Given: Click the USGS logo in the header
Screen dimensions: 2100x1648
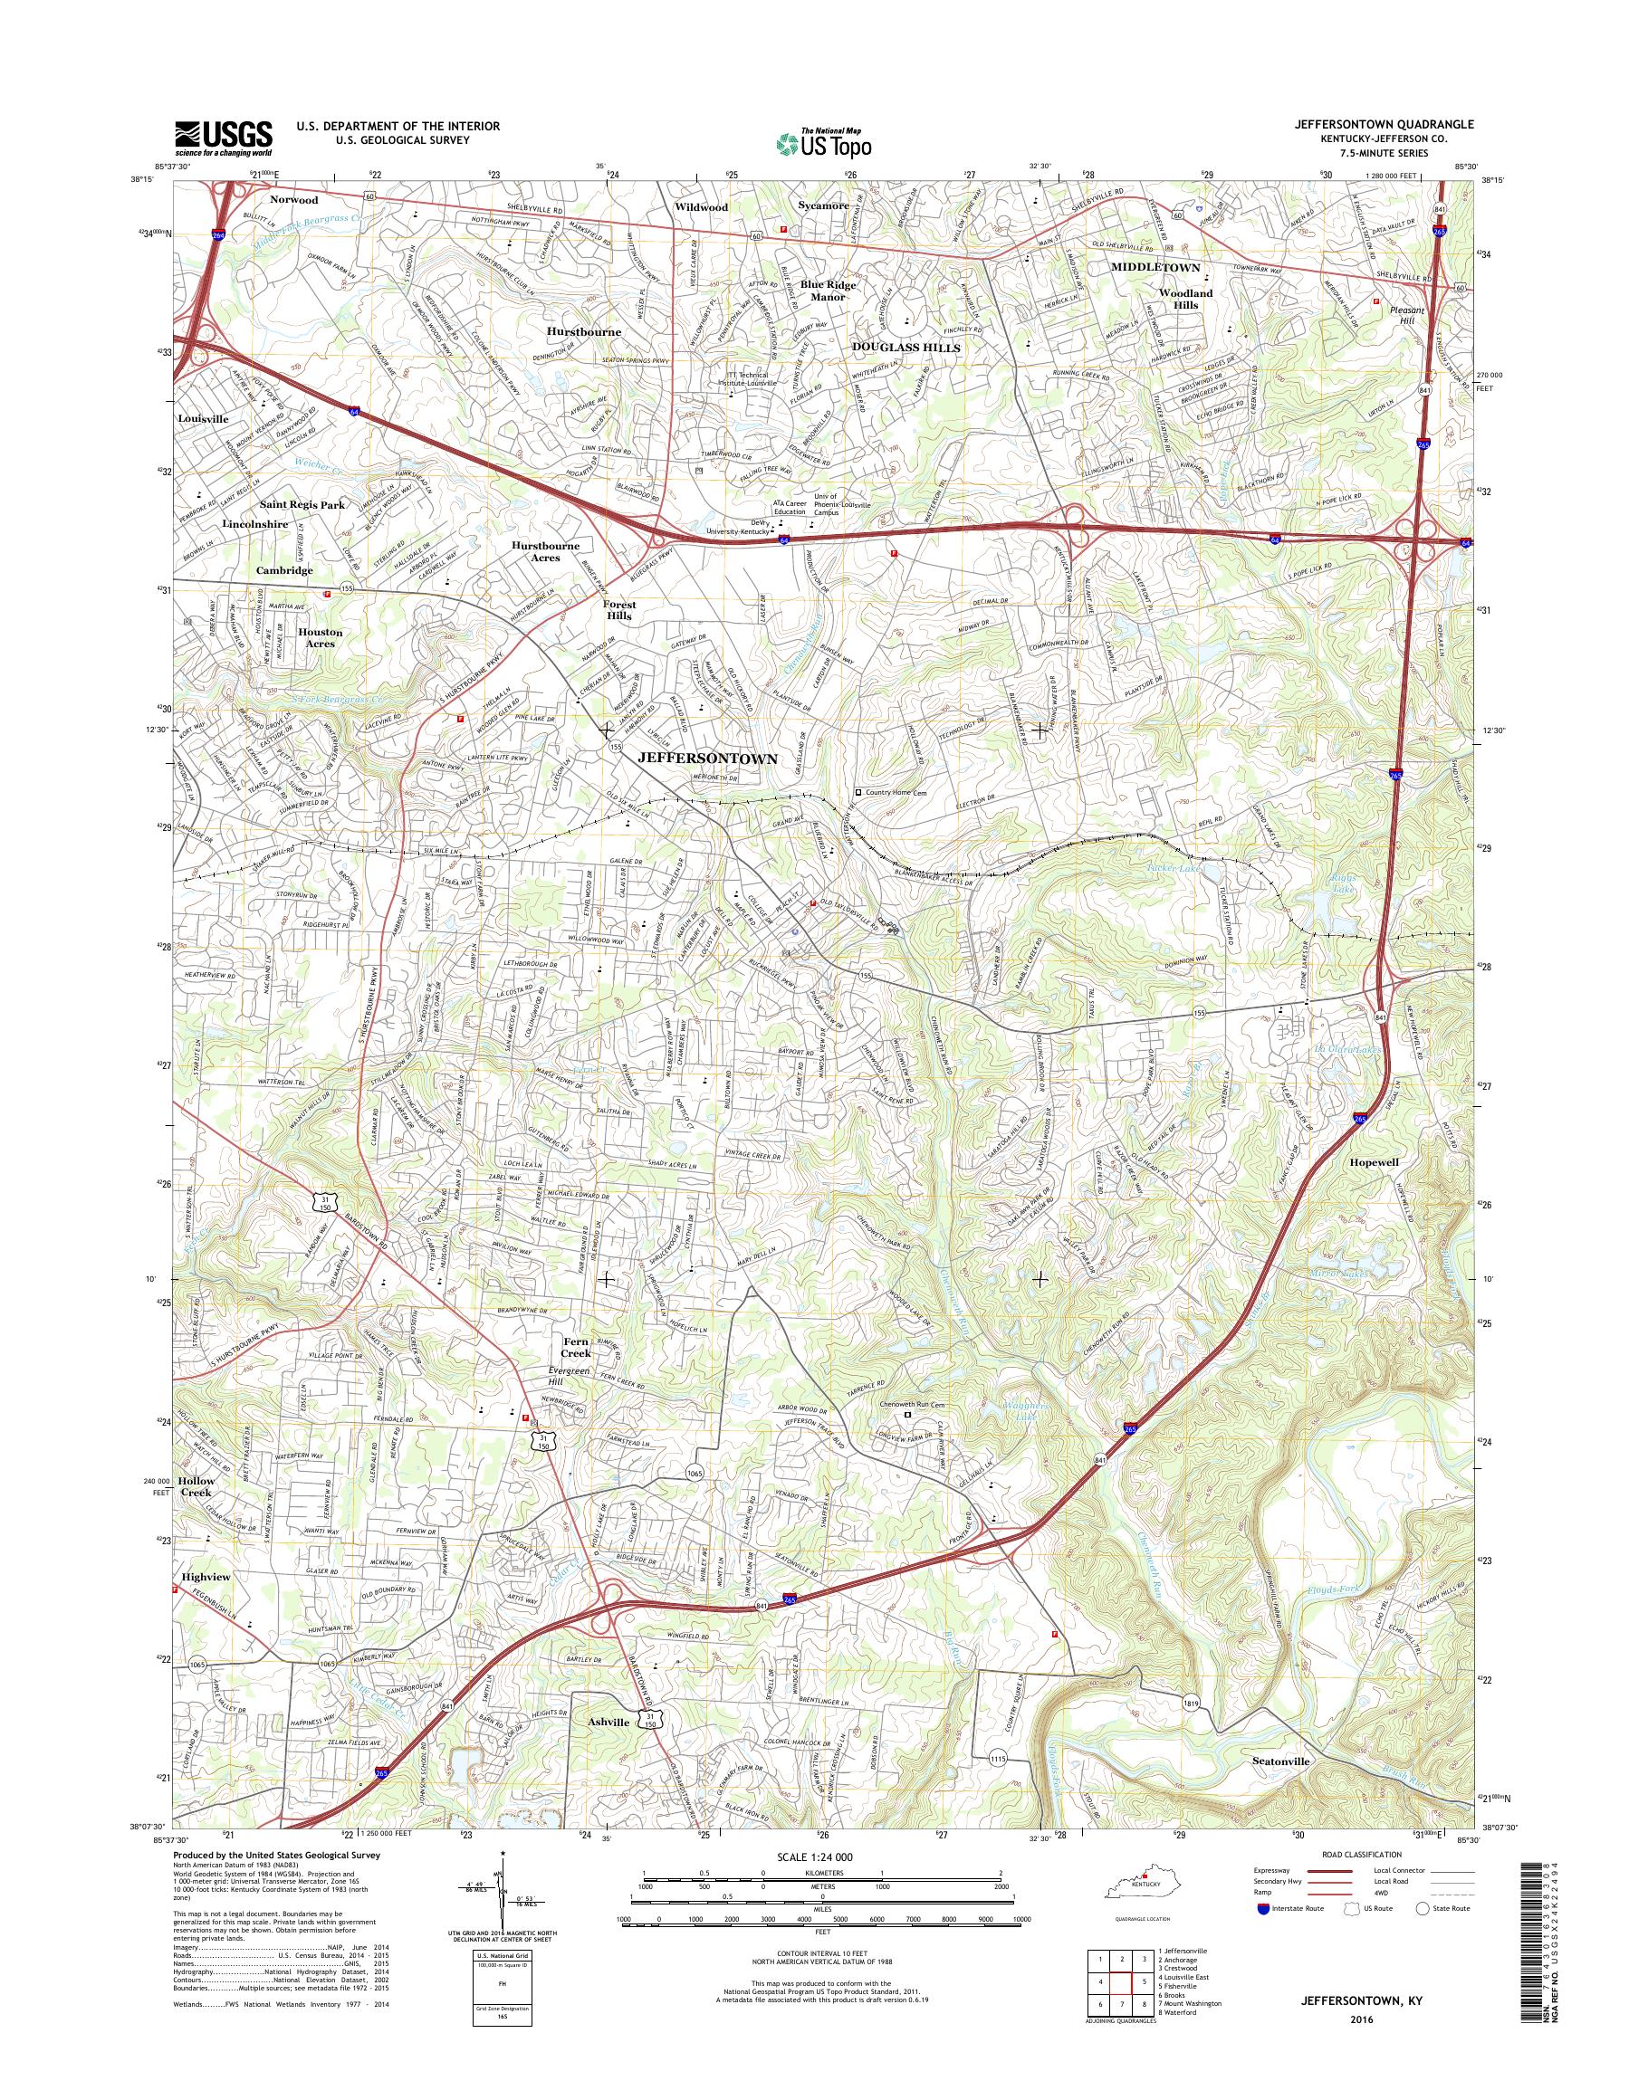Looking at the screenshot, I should click(223, 138).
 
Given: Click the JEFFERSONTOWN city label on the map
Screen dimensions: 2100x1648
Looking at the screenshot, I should click(707, 759).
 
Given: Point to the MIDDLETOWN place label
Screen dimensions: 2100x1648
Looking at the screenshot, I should click(1155, 267).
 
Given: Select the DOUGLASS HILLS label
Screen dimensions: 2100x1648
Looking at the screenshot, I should click(905, 348).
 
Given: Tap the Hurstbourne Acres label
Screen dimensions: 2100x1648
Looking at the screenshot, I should click(546, 551).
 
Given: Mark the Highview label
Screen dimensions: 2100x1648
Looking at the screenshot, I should click(206, 1576).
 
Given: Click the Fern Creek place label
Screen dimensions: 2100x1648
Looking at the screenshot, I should click(576, 1348).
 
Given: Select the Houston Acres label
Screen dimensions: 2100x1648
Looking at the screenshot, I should click(321, 637).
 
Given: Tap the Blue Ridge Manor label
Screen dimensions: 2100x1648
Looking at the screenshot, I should click(828, 291).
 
